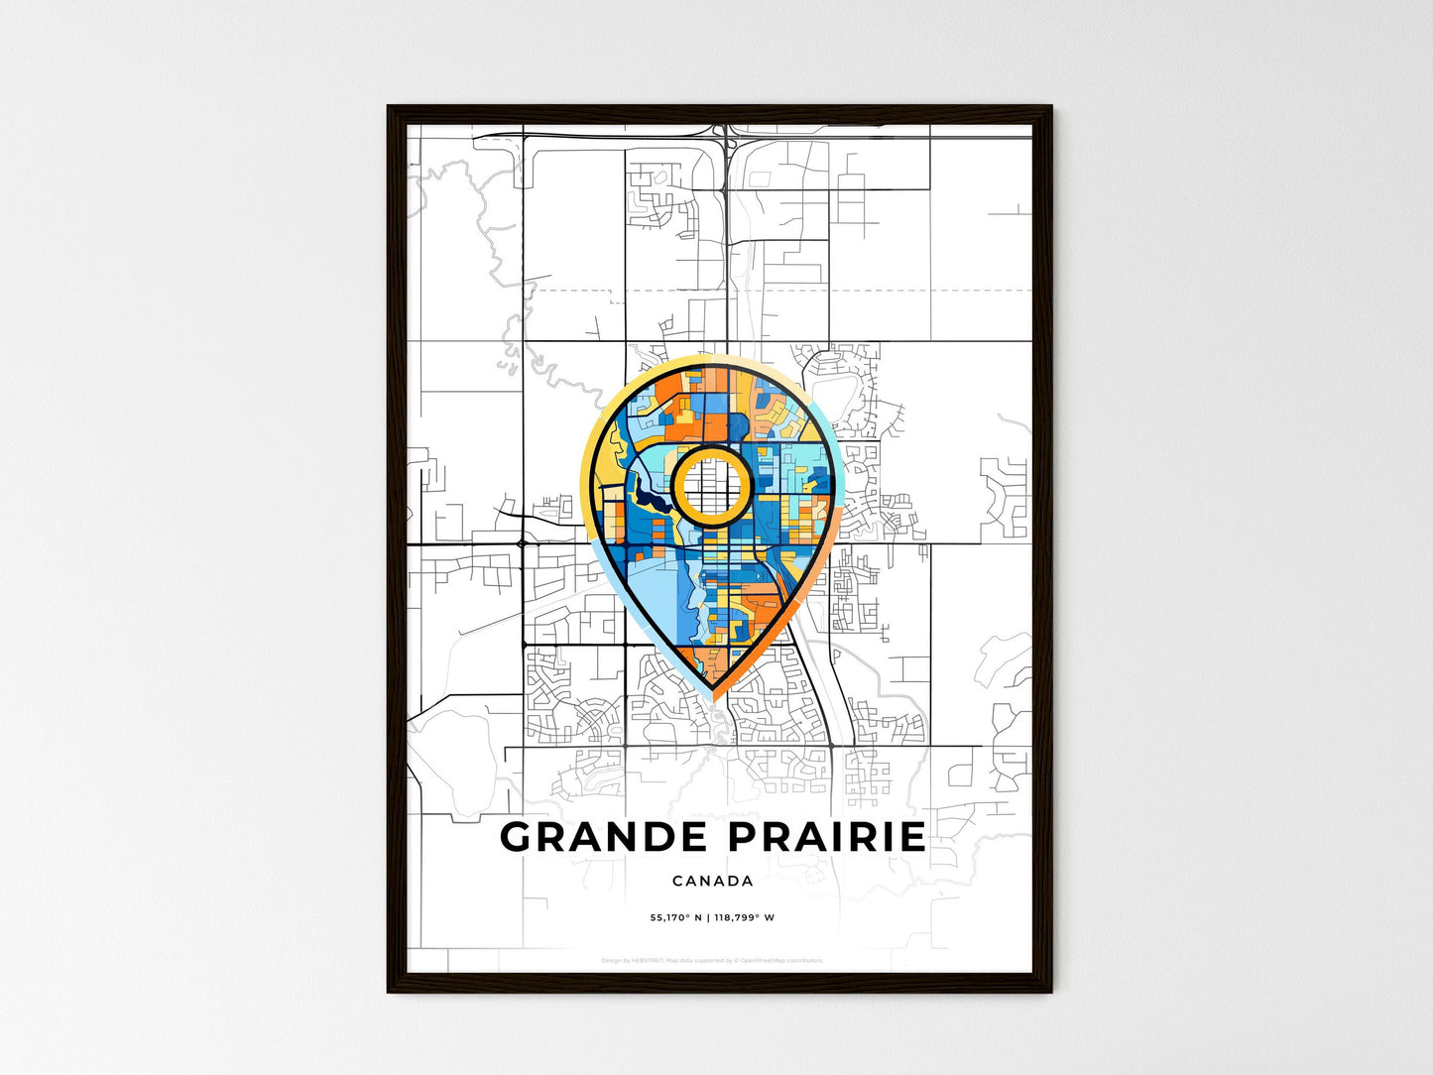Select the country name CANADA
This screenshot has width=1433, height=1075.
(x=713, y=881)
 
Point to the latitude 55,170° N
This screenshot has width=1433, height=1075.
(x=675, y=917)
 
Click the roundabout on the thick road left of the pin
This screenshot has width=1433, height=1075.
(x=522, y=543)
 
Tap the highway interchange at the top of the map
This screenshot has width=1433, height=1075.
(x=728, y=139)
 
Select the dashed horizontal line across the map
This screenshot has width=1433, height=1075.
(x=793, y=291)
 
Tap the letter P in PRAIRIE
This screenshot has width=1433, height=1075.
(x=743, y=837)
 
